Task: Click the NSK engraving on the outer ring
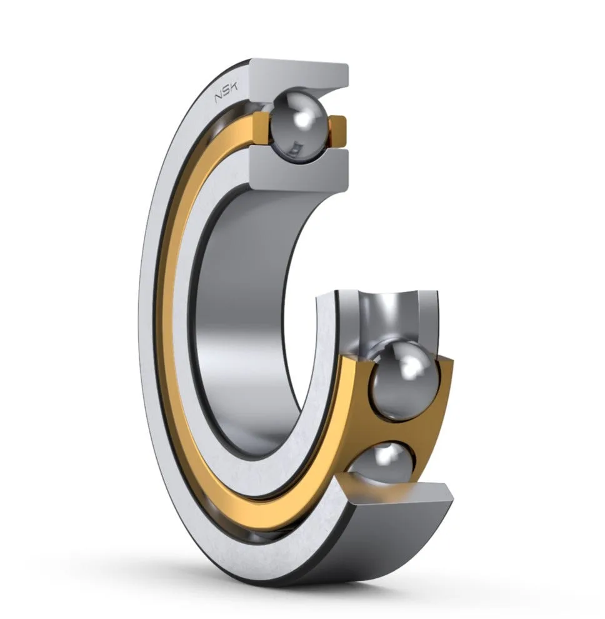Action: coord(226,94)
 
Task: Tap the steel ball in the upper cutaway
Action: coord(299,126)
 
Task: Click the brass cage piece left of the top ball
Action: coord(261,128)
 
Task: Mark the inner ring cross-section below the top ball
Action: coord(300,169)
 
